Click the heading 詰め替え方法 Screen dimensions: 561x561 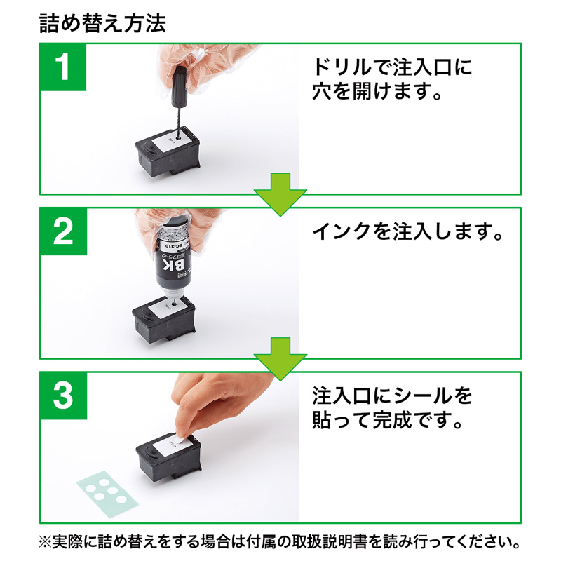(103, 22)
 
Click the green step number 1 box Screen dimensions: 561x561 (63, 67)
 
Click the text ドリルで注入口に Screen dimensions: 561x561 (391, 68)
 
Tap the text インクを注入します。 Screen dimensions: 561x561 (407, 231)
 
